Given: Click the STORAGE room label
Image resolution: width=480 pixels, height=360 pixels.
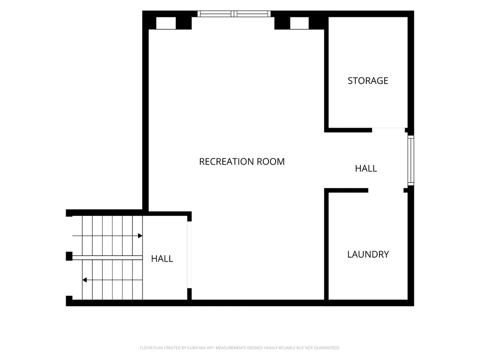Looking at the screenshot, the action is tap(368, 81).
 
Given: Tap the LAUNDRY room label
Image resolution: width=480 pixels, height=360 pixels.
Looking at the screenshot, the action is tap(368, 254).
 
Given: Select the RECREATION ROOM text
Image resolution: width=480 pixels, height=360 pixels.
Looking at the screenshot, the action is tap(242, 162).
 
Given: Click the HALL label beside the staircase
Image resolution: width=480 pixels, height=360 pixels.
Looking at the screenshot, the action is tap(162, 259).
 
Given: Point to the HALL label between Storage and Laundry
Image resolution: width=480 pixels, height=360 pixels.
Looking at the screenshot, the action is tap(366, 168).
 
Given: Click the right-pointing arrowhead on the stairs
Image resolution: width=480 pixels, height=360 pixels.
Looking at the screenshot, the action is tap(140, 236).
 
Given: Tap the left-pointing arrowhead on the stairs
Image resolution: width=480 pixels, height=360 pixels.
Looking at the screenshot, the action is tap(84, 280).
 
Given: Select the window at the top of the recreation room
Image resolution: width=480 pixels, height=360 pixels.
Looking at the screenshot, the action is tap(234, 14).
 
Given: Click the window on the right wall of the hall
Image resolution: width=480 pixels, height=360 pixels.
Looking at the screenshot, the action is tap(411, 160).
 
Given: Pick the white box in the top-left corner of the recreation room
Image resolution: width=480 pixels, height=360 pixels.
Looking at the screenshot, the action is tap(166, 23).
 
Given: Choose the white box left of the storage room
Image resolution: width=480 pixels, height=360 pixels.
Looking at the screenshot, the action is tap(300, 23).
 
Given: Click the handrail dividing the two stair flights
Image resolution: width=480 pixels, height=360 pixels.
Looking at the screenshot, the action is tap(108, 258).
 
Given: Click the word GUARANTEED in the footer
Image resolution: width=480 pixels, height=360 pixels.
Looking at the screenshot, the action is tap(328, 348).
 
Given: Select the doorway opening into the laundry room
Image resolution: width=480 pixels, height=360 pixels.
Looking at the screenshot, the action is tap(386, 191).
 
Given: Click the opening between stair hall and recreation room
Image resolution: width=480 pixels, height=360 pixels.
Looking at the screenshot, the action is tap(190, 255).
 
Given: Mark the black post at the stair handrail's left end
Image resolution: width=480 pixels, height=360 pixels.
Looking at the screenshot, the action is tap(69, 256).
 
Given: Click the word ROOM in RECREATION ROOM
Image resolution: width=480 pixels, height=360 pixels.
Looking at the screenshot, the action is tap(271, 162).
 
